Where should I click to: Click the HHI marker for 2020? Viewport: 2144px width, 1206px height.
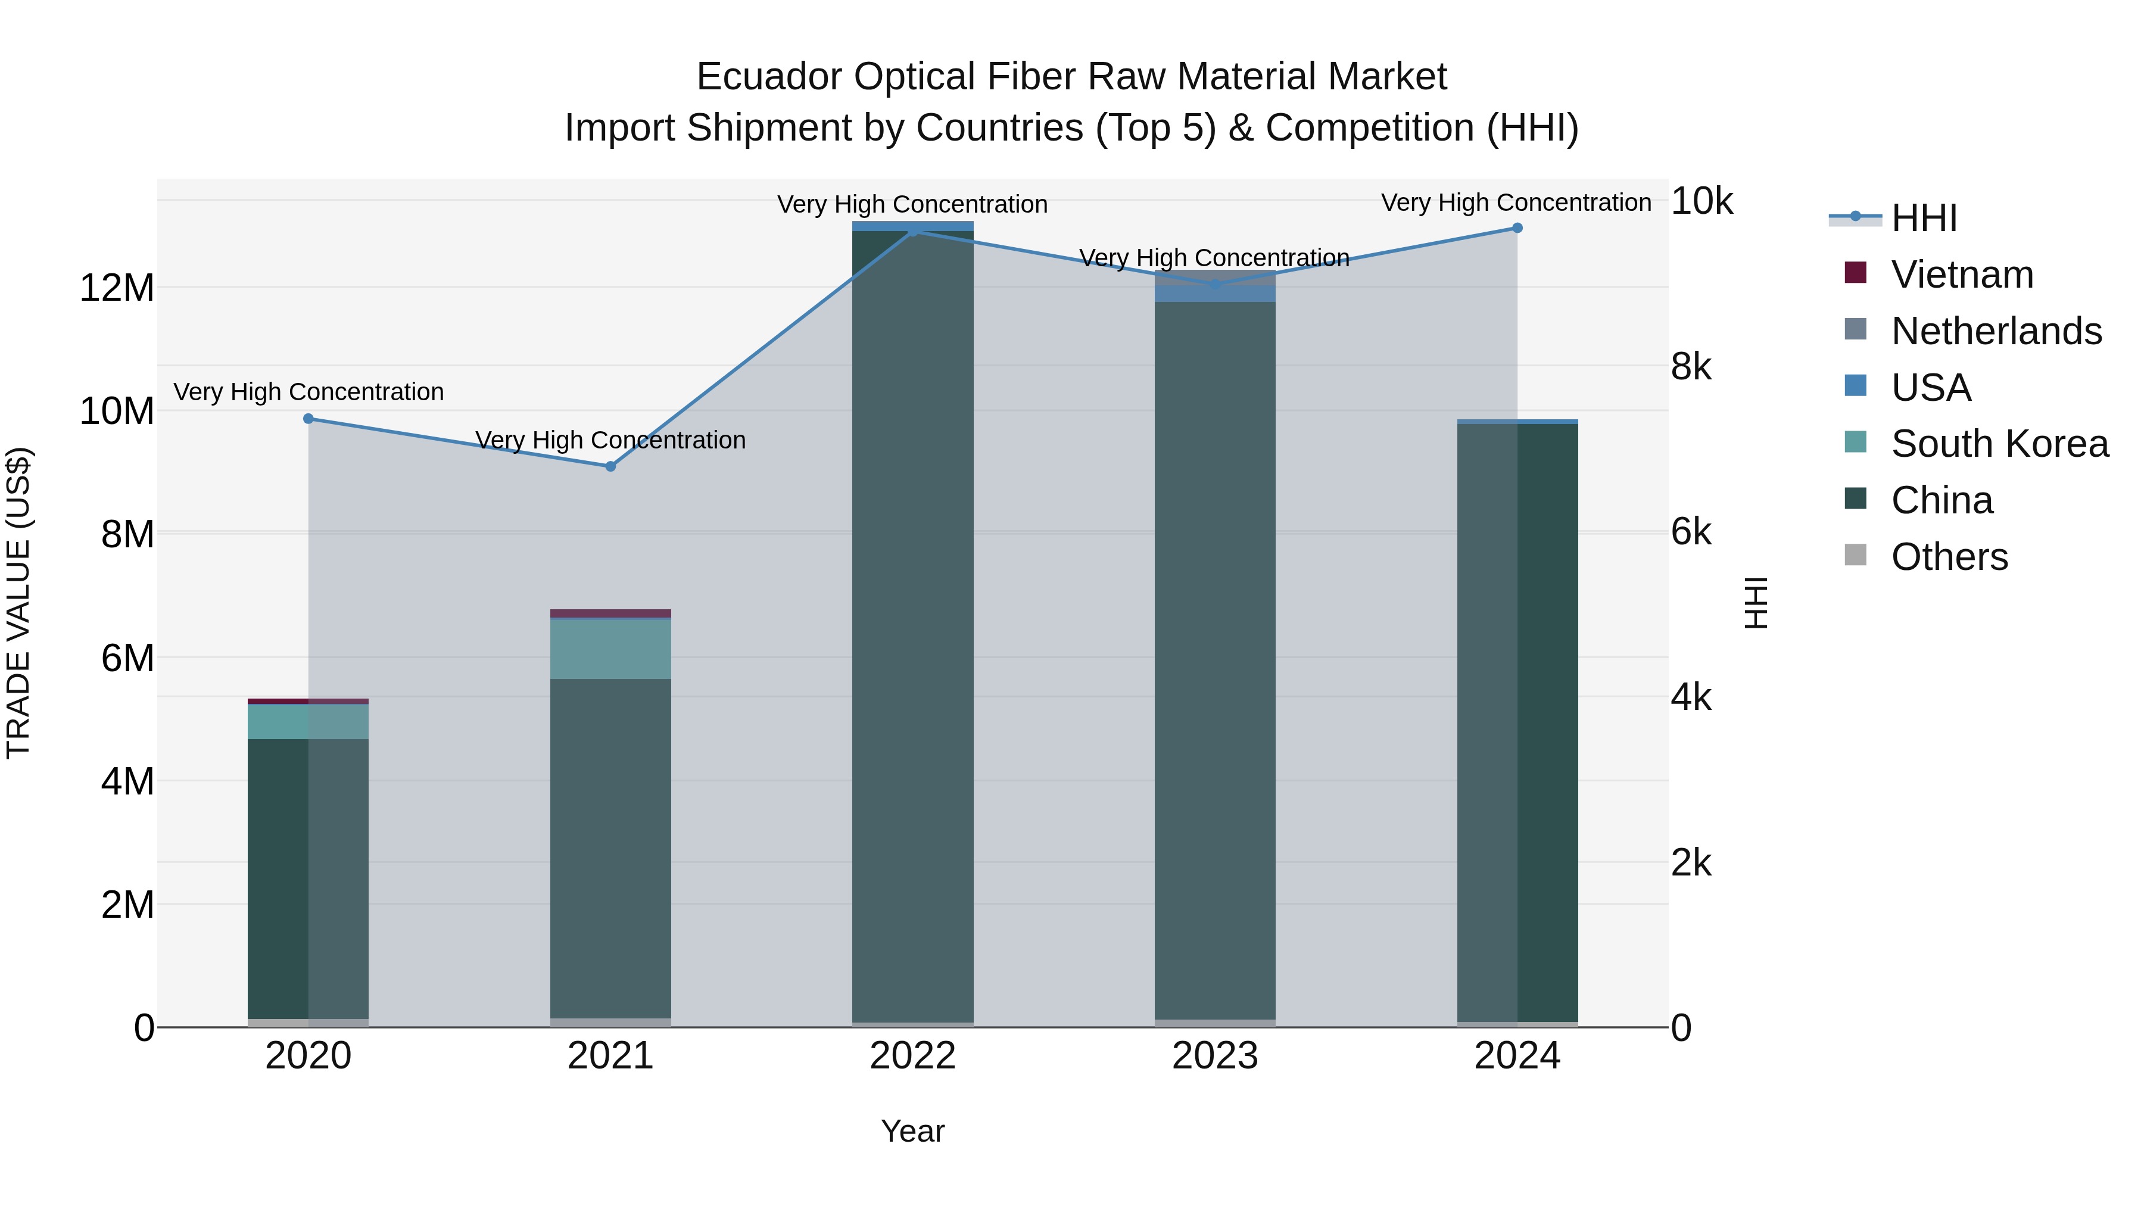(x=308, y=419)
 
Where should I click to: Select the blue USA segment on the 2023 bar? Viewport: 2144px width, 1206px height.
(x=1214, y=294)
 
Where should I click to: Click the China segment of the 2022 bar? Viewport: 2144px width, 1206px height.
(x=912, y=624)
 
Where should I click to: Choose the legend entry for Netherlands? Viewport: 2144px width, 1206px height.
(x=1996, y=331)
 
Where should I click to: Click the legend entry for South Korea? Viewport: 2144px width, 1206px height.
(x=1999, y=444)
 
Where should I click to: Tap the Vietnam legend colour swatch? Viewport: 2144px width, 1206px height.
(x=1855, y=272)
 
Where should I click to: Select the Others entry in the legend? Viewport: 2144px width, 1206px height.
(x=1949, y=557)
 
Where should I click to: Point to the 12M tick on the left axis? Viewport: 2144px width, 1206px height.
(x=117, y=288)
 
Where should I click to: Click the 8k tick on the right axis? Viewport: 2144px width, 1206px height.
(x=1691, y=366)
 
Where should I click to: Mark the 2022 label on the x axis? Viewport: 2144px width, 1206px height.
(x=912, y=1056)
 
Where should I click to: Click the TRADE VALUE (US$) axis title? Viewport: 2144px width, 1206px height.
(x=18, y=603)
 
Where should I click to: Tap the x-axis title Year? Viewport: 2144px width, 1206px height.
(x=912, y=1131)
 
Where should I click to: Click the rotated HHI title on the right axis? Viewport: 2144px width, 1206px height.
(x=1755, y=603)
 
